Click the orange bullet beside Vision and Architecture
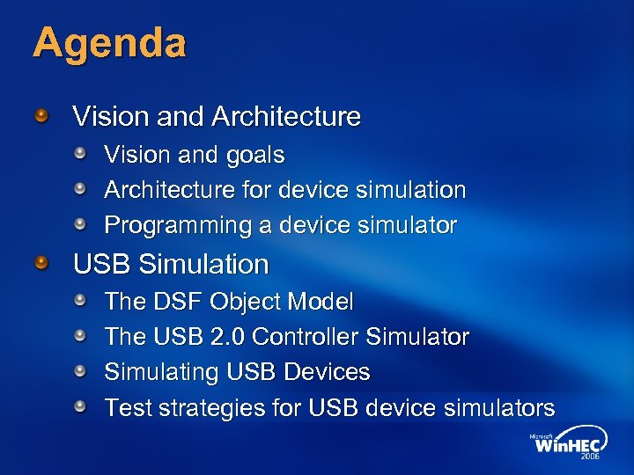point(42,115)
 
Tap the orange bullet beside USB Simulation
point(42,263)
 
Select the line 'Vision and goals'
point(194,155)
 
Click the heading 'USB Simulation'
point(171,264)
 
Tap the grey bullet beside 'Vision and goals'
point(81,155)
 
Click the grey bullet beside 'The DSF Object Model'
point(81,302)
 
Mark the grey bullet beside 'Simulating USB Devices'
point(81,372)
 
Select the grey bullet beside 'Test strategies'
point(81,407)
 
